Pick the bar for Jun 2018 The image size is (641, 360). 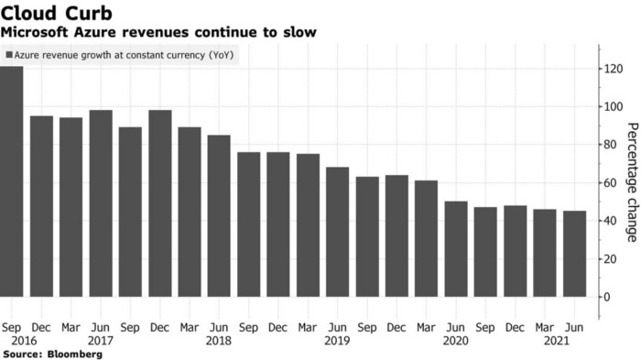219,215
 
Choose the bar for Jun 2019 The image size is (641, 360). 338,232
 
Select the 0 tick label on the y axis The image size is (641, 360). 608,297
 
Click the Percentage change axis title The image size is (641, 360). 631,182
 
